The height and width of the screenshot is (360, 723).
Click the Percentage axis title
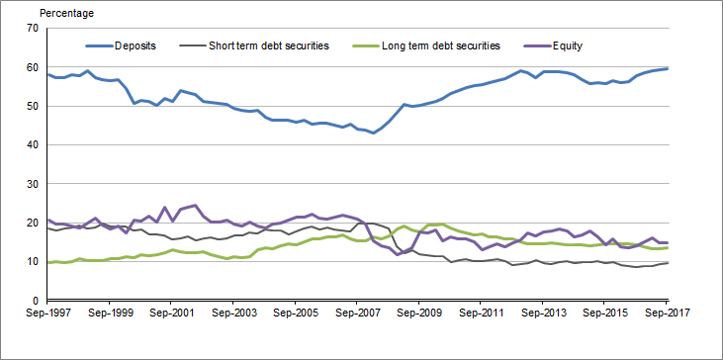(x=67, y=14)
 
